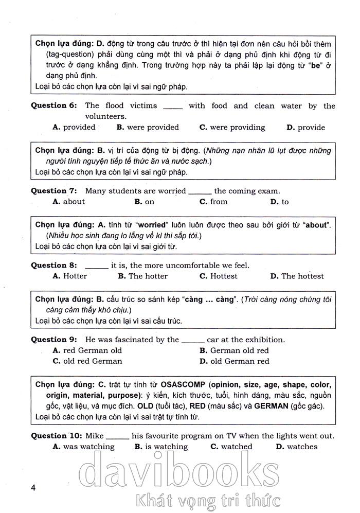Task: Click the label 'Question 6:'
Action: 53,106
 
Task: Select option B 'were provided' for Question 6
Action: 148,128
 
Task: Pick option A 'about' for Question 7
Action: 69,202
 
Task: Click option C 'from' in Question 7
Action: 213,202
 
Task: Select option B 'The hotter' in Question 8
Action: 142,276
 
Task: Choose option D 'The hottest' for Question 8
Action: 297,276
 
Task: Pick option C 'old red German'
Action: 87,361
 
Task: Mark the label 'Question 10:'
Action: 56,436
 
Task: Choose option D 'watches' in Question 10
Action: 297,447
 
